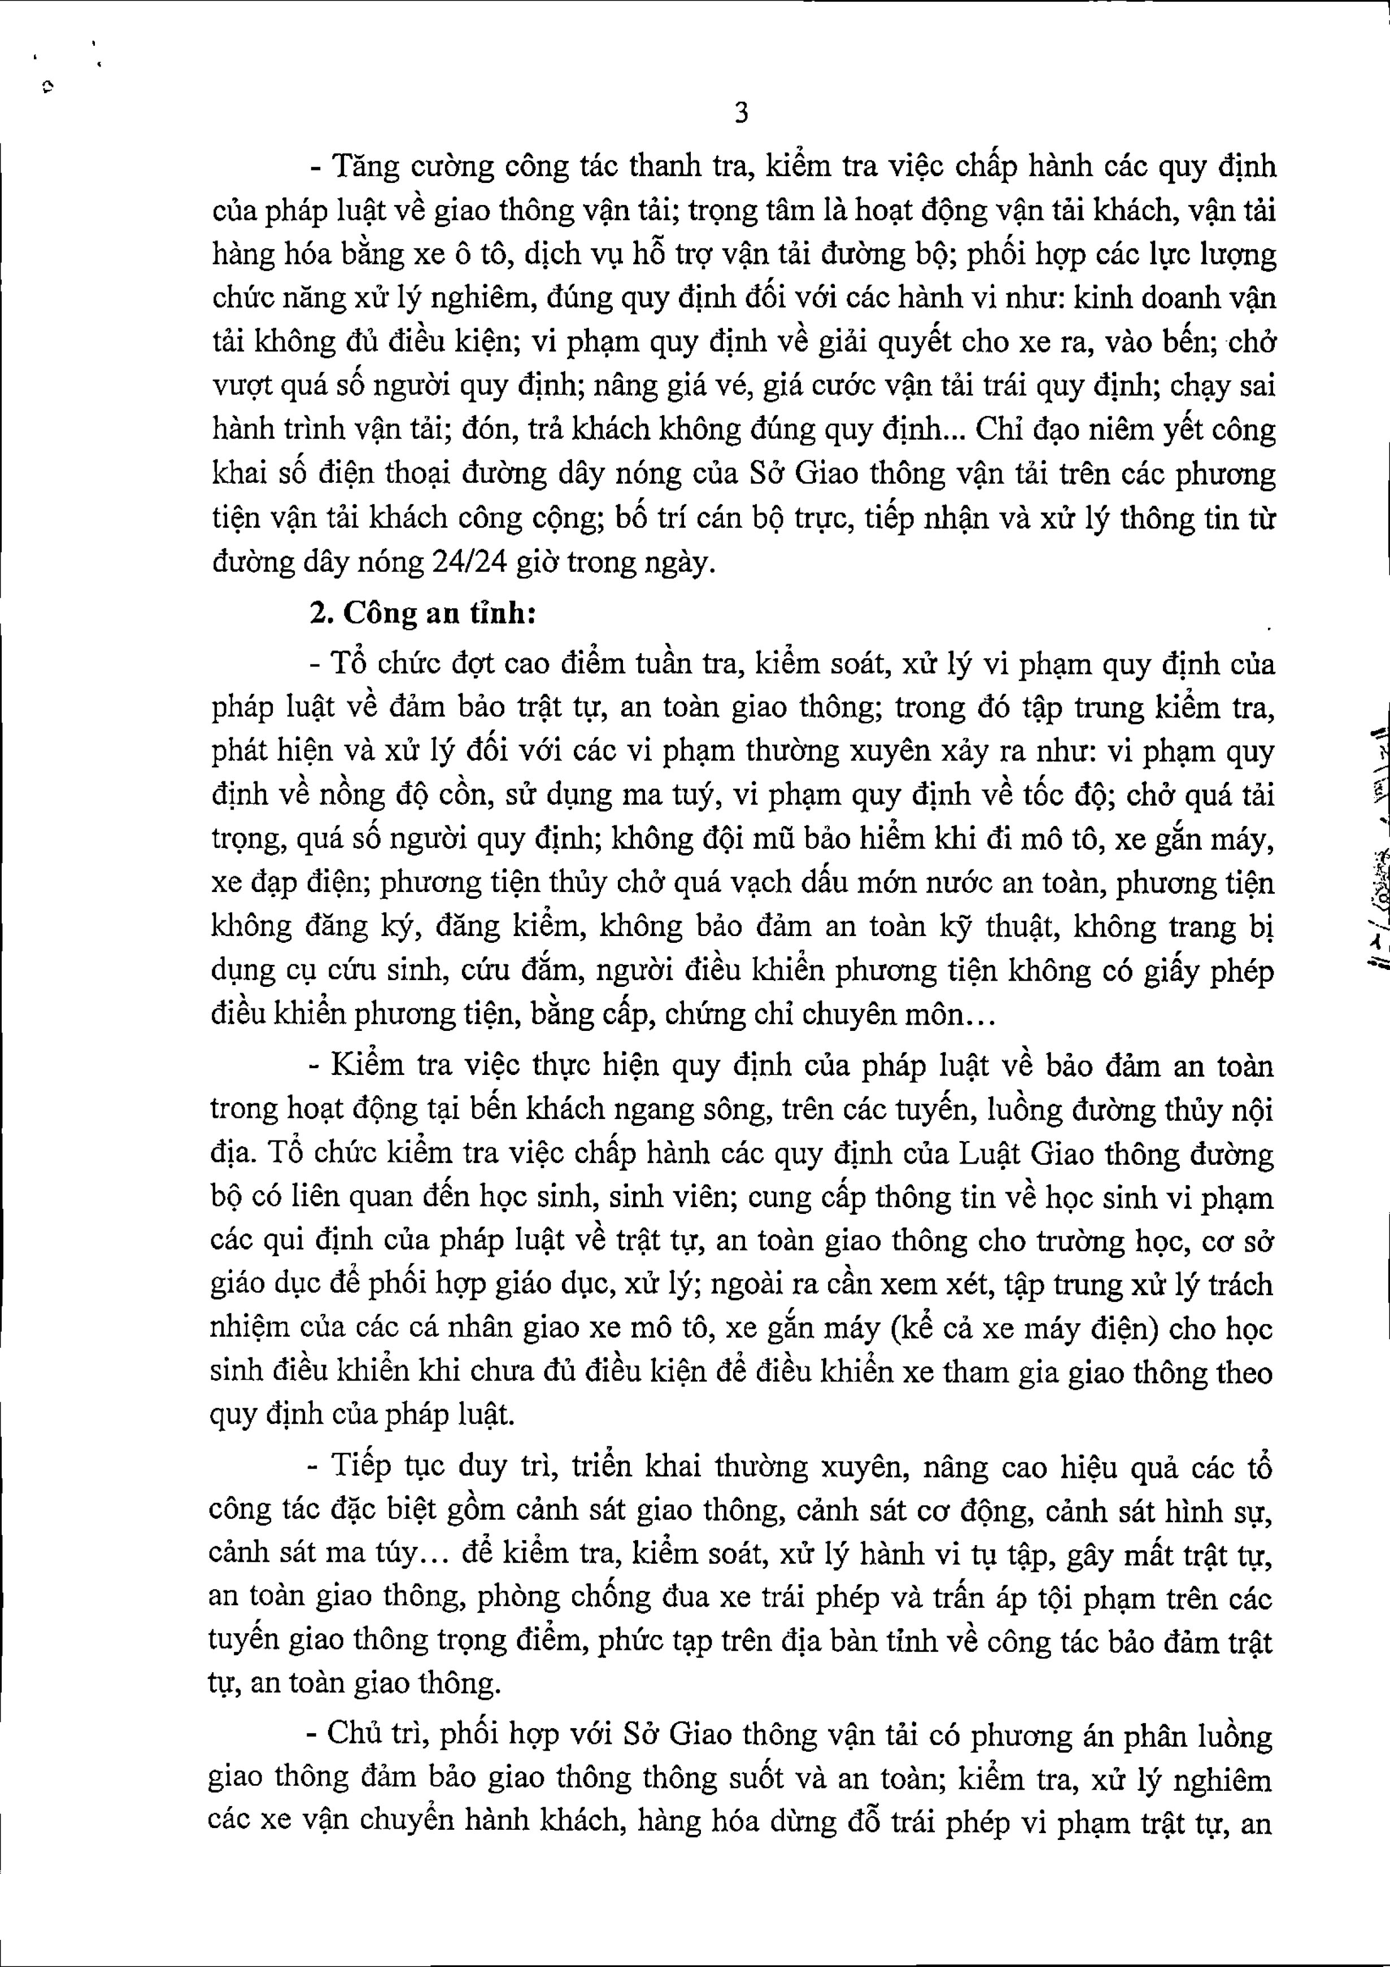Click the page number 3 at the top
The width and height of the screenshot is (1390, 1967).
point(742,112)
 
